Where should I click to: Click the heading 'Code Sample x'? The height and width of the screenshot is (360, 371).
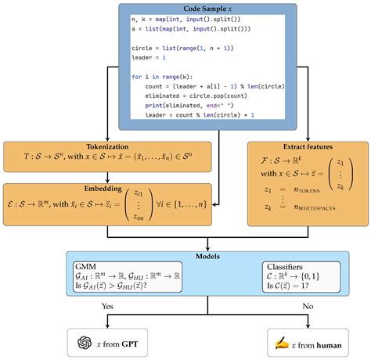click(207, 9)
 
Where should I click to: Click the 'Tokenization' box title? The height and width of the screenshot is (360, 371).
click(107, 146)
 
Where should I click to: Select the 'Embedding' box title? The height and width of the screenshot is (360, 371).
click(103, 189)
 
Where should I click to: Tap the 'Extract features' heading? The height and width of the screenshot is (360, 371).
click(308, 146)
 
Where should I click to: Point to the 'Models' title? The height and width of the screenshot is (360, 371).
click(207, 256)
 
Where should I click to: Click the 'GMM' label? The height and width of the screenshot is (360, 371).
click(85, 267)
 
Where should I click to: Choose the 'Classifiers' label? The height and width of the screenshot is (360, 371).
click(285, 267)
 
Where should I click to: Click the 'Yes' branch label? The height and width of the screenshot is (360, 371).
click(107, 306)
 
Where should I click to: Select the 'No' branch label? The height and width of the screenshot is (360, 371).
click(308, 306)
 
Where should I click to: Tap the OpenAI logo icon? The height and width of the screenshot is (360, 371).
click(85, 343)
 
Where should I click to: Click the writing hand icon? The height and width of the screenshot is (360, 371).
click(282, 344)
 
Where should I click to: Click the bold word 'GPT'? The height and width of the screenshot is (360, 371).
click(130, 344)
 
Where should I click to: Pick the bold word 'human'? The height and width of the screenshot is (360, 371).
click(329, 345)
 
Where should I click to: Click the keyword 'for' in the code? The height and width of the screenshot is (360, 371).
click(137, 77)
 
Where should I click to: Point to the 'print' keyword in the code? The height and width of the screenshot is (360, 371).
click(153, 106)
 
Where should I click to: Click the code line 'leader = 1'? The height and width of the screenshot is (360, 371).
click(149, 57)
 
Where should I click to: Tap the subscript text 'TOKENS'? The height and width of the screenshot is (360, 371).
click(309, 191)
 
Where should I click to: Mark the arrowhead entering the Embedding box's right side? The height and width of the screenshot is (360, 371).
click(214, 205)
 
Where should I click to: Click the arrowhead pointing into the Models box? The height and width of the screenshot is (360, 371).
click(207, 249)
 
